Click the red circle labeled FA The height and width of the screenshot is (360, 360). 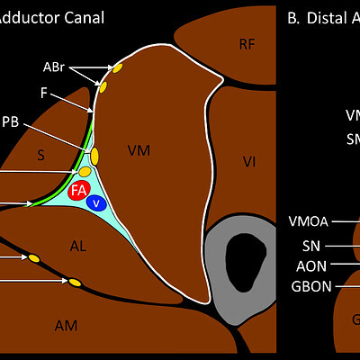pyautogui.click(x=79, y=190)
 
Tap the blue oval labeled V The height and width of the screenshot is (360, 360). pyautogui.click(x=95, y=202)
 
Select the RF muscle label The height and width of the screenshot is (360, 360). pyautogui.click(x=247, y=45)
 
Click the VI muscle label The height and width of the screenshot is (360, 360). pyautogui.click(x=249, y=161)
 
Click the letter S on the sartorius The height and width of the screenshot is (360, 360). pyautogui.click(x=40, y=156)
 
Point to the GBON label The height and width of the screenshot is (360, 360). pyautogui.click(x=310, y=286)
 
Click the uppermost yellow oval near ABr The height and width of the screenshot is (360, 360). pyautogui.click(x=116, y=67)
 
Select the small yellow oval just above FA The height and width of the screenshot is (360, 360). pyautogui.click(x=85, y=171)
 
